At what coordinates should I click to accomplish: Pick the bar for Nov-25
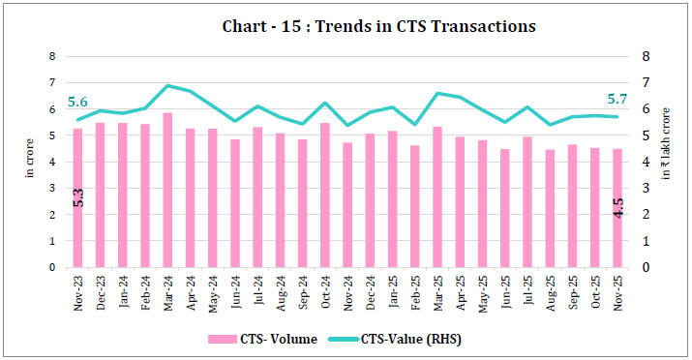(617, 208)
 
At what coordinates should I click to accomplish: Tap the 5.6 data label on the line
(78, 102)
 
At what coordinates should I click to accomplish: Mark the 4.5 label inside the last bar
(617, 207)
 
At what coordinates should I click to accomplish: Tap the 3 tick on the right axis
(644, 189)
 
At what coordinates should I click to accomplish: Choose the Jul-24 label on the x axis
(257, 287)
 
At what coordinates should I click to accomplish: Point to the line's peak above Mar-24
(167, 86)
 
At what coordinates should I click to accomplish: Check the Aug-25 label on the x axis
(549, 287)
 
